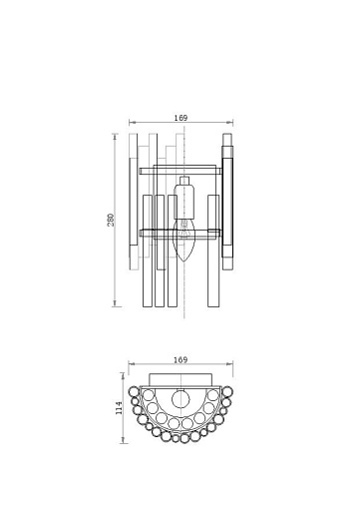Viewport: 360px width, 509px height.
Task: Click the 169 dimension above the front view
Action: click(x=180, y=118)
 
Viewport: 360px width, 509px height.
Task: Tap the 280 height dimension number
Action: click(x=111, y=220)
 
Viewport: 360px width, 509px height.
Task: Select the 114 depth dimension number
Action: click(x=119, y=408)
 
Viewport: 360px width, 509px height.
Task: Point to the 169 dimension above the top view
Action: click(x=180, y=360)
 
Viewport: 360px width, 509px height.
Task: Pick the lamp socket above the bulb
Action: click(x=184, y=202)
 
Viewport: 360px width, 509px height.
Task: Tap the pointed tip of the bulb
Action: click(x=184, y=261)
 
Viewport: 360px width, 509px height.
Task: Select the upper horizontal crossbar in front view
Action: click(x=180, y=171)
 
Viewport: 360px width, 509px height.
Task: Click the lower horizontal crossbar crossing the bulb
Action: click(x=180, y=233)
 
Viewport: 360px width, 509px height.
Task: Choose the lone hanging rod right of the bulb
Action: click(x=213, y=251)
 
